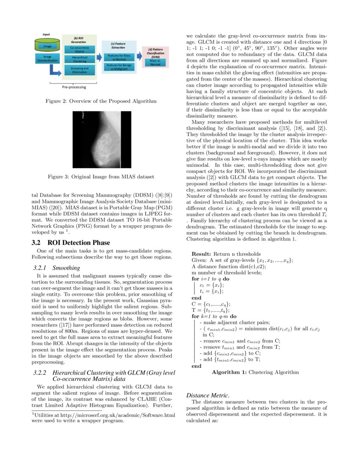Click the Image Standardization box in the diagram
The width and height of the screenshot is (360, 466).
click(x=47, y=58)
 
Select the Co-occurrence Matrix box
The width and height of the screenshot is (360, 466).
click(x=80, y=50)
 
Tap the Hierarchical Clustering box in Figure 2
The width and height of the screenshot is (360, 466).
click(x=80, y=59)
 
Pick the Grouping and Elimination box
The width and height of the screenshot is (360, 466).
click(x=80, y=70)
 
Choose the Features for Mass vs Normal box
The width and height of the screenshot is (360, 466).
click(x=119, y=57)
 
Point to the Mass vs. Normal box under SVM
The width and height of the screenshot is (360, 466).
click(x=155, y=63)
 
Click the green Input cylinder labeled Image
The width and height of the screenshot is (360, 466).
click(x=47, y=45)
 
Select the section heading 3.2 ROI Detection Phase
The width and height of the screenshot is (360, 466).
click(x=71, y=243)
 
